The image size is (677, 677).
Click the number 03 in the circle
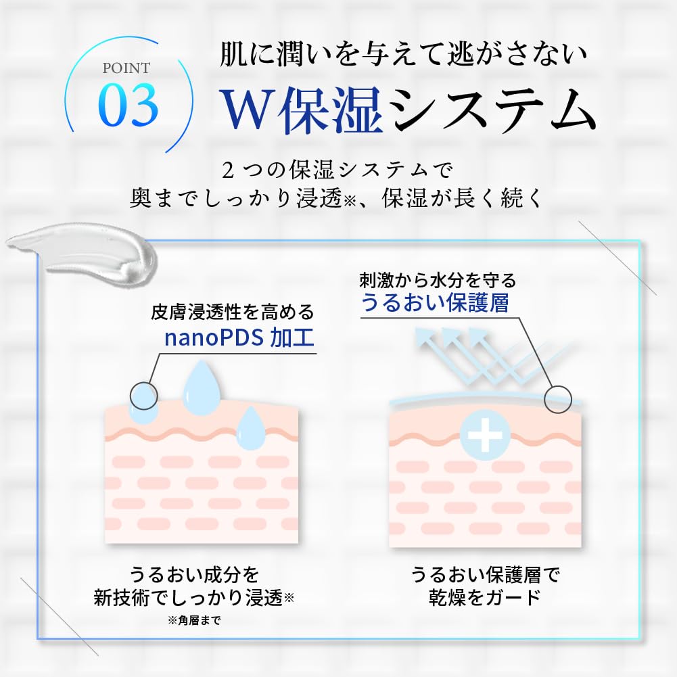coord(129,106)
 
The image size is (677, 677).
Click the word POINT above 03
coord(126,68)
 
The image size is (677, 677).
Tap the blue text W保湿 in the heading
coord(302,110)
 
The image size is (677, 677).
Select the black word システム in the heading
coord(495,110)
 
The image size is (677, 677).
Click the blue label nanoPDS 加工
coord(239,337)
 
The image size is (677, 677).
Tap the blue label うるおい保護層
coord(435,302)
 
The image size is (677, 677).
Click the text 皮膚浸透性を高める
coord(232,312)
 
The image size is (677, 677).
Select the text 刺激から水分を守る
coord(438,280)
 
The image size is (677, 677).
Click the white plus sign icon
coord(486,435)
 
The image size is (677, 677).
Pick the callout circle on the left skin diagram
coord(144,396)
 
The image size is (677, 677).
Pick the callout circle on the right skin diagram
coord(558,400)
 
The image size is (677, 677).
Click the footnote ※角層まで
coord(194,620)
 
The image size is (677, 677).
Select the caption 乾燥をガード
coord(485,598)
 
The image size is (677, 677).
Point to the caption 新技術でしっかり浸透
coord(188,598)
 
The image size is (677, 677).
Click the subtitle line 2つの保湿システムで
coord(337,169)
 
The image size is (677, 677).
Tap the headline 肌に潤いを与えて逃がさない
coord(403,54)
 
